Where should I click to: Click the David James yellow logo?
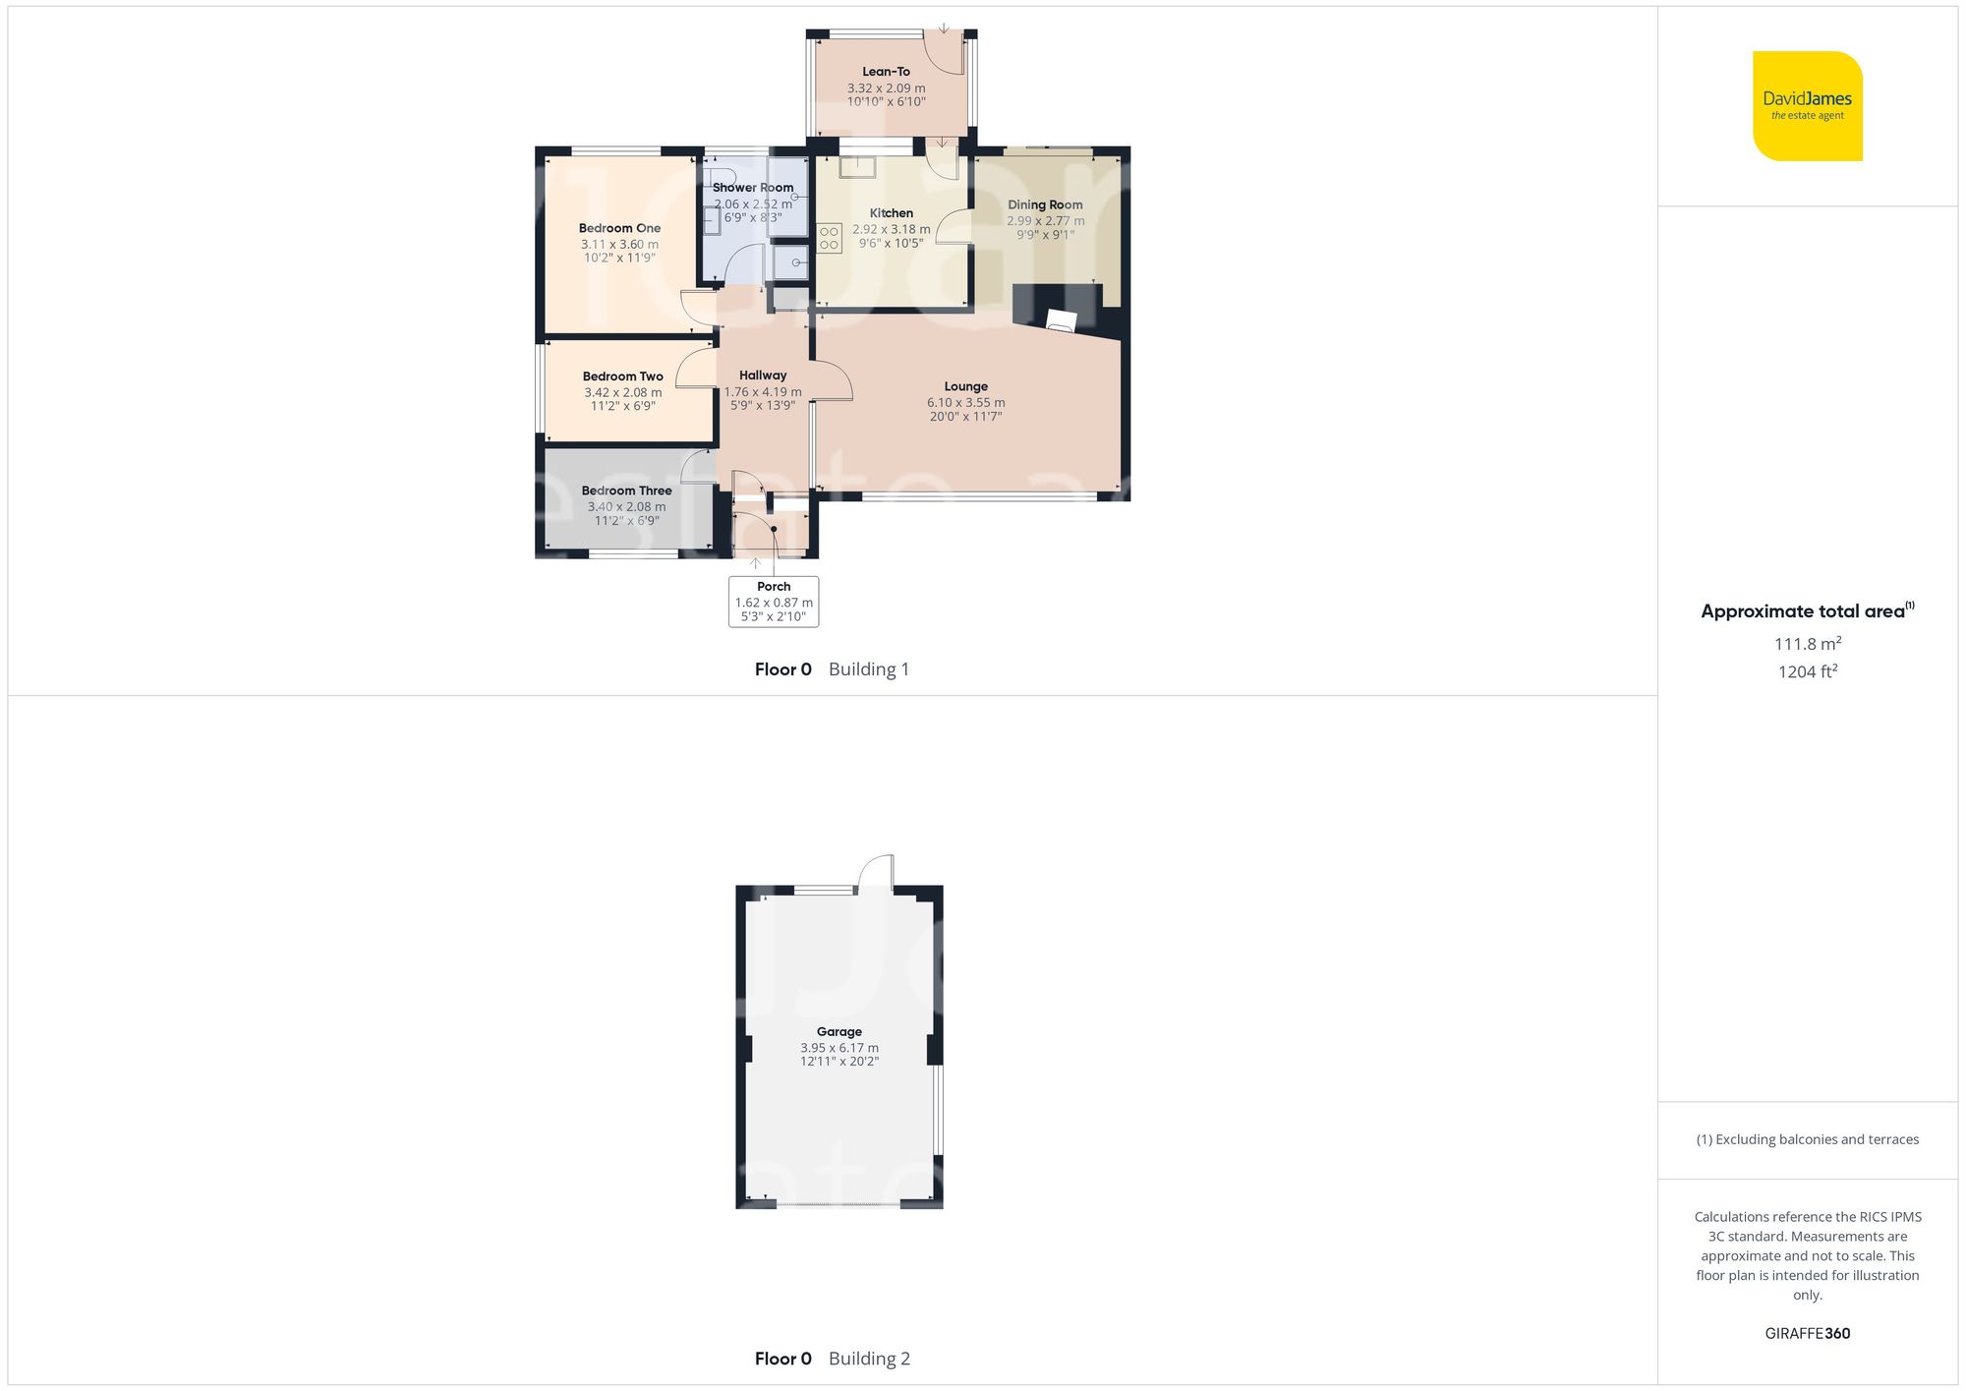[x=1807, y=106]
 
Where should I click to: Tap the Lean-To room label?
[x=886, y=72]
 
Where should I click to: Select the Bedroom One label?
[x=619, y=228]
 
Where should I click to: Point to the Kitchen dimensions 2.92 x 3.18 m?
[x=891, y=229]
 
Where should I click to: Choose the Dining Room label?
[x=1045, y=204]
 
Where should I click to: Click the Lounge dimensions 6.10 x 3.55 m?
[x=965, y=402]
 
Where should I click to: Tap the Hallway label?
[x=763, y=375]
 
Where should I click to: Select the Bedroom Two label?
[x=622, y=377]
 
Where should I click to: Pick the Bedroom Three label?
[x=626, y=491]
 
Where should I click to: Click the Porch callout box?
[x=774, y=602]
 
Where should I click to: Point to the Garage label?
[x=838, y=1031]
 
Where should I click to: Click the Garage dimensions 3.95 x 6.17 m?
[x=838, y=1048]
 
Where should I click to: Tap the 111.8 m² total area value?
[x=1807, y=644]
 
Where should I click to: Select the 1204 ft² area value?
[x=1807, y=671]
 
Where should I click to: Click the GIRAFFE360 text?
[x=1807, y=1333]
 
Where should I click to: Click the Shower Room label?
[x=753, y=187]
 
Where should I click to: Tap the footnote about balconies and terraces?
[x=1807, y=1139]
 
